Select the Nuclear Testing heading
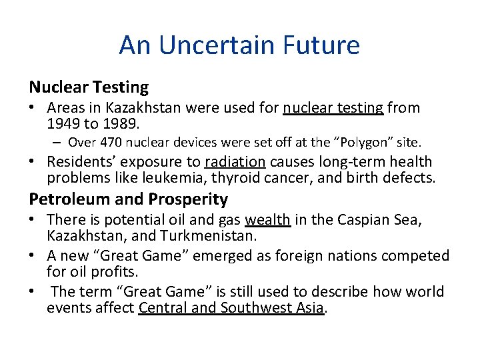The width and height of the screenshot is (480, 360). [x=89, y=87]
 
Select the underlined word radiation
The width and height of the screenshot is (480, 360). [x=235, y=161]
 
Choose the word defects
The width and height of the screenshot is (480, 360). [x=409, y=177]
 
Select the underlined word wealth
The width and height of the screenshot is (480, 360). [x=267, y=220]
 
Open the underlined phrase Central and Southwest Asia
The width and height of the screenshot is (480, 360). [x=231, y=307]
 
